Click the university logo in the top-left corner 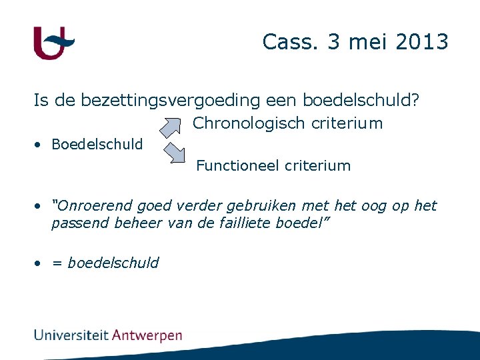[x=53, y=43]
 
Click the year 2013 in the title [x=421, y=42]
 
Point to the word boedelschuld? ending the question [x=361, y=101]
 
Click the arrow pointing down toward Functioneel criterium [x=174, y=153]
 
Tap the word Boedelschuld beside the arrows [x=97, y=145]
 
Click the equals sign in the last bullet [x=57, y=263]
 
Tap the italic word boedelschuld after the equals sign [x=113, y=263]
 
